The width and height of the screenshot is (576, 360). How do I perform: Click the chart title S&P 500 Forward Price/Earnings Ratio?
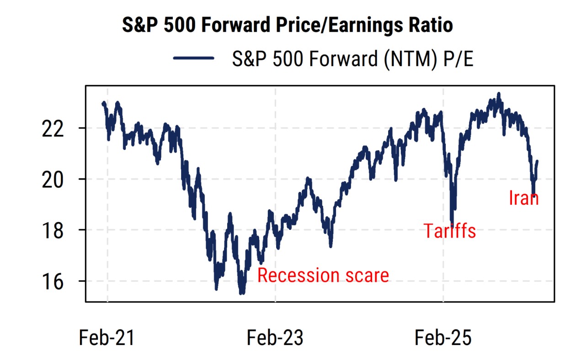coord(287,25)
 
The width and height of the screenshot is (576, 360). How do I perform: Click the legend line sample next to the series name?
coord(193,58)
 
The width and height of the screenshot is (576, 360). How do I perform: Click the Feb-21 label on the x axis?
coord(107,339)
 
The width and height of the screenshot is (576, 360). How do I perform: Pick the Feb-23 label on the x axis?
coord(275,339)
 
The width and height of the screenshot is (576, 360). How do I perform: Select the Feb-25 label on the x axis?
coord(443,339)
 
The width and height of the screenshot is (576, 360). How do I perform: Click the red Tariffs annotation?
coord(449,231)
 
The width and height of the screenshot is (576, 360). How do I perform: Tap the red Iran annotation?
coord(524,198)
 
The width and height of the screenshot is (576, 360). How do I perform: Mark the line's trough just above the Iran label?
coord(533,194)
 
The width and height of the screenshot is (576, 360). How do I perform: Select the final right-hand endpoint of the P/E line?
coord(537,161)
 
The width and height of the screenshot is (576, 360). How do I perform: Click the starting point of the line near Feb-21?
coord(103,103)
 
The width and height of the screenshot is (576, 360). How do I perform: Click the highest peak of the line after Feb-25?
coord(499,94)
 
